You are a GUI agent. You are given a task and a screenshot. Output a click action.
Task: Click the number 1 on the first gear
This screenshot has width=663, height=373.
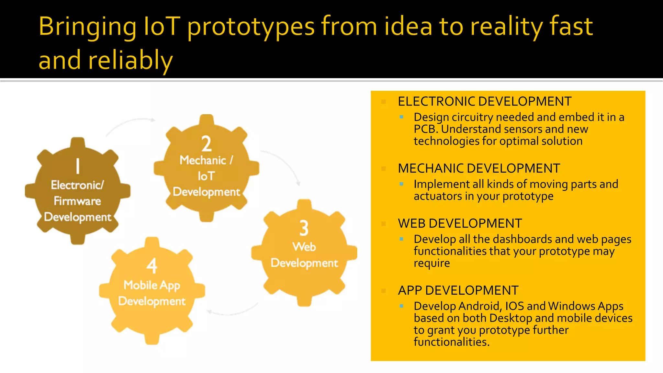click(x=78, y=166)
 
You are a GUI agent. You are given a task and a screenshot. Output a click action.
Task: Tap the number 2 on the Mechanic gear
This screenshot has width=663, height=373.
click(x=207, y=144)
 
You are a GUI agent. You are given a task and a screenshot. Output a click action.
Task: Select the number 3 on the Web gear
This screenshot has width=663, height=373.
click(x=304, y=228)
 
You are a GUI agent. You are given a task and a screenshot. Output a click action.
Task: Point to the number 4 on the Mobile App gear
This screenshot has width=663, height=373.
click(x=152, y=266)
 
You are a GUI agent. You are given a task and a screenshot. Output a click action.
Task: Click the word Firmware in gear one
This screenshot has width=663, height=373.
click(x=77, y=201)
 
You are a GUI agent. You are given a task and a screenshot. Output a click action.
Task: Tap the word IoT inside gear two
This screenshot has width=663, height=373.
click(x=206, y=176)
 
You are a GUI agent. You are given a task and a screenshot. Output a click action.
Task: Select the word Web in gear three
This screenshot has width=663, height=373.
click(x=304, y=247)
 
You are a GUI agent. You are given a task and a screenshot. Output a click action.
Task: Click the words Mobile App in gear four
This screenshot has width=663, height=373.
click(x=152, y=285)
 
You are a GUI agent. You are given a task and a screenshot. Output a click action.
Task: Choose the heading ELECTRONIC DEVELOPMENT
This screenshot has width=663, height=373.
click(x=484, y=102)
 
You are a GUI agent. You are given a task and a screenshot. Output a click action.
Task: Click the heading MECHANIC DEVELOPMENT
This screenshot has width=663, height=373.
click(x=479, y=169)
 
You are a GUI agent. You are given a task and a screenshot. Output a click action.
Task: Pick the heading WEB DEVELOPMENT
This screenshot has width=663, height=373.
click(x=460, y=224)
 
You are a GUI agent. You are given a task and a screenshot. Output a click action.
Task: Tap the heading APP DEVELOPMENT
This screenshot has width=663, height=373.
click(x=458, y=291)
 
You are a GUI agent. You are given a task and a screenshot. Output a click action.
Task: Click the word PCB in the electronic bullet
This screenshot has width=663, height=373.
click(x=426, y=129)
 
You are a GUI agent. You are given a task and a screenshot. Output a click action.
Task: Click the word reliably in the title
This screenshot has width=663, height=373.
click(x=130, y=61)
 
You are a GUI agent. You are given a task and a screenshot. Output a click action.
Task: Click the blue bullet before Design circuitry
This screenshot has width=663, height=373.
click(x=401, y=117)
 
